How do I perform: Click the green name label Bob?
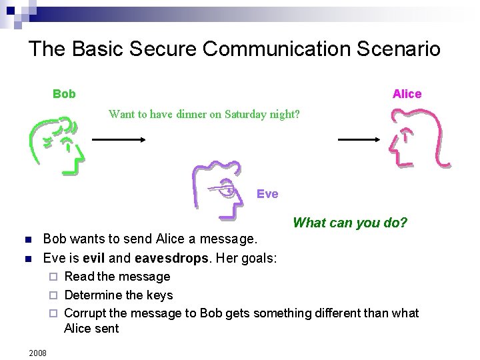64,94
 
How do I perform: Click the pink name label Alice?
407,94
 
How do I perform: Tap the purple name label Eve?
267,194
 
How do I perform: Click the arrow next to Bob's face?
119,139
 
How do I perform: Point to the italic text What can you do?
349,223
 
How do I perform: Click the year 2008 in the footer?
38,352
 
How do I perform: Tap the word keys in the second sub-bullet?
159,295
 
